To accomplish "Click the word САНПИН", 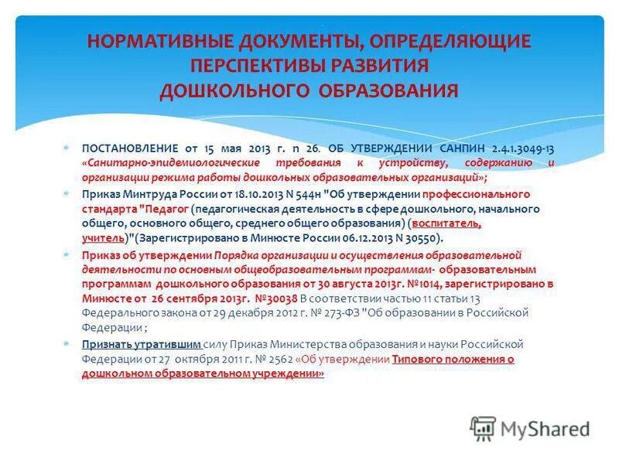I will click(460, 148).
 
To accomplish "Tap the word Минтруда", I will click(145, 194).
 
